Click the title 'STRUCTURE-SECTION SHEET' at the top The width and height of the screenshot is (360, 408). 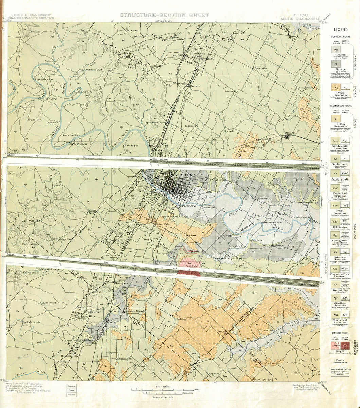(164, 15)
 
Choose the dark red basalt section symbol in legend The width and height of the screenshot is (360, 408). (345, 346)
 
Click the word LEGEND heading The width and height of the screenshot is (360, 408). (341, 30)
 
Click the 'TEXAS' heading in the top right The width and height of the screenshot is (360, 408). (301, 15)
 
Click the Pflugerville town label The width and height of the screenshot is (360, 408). (259, 68)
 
